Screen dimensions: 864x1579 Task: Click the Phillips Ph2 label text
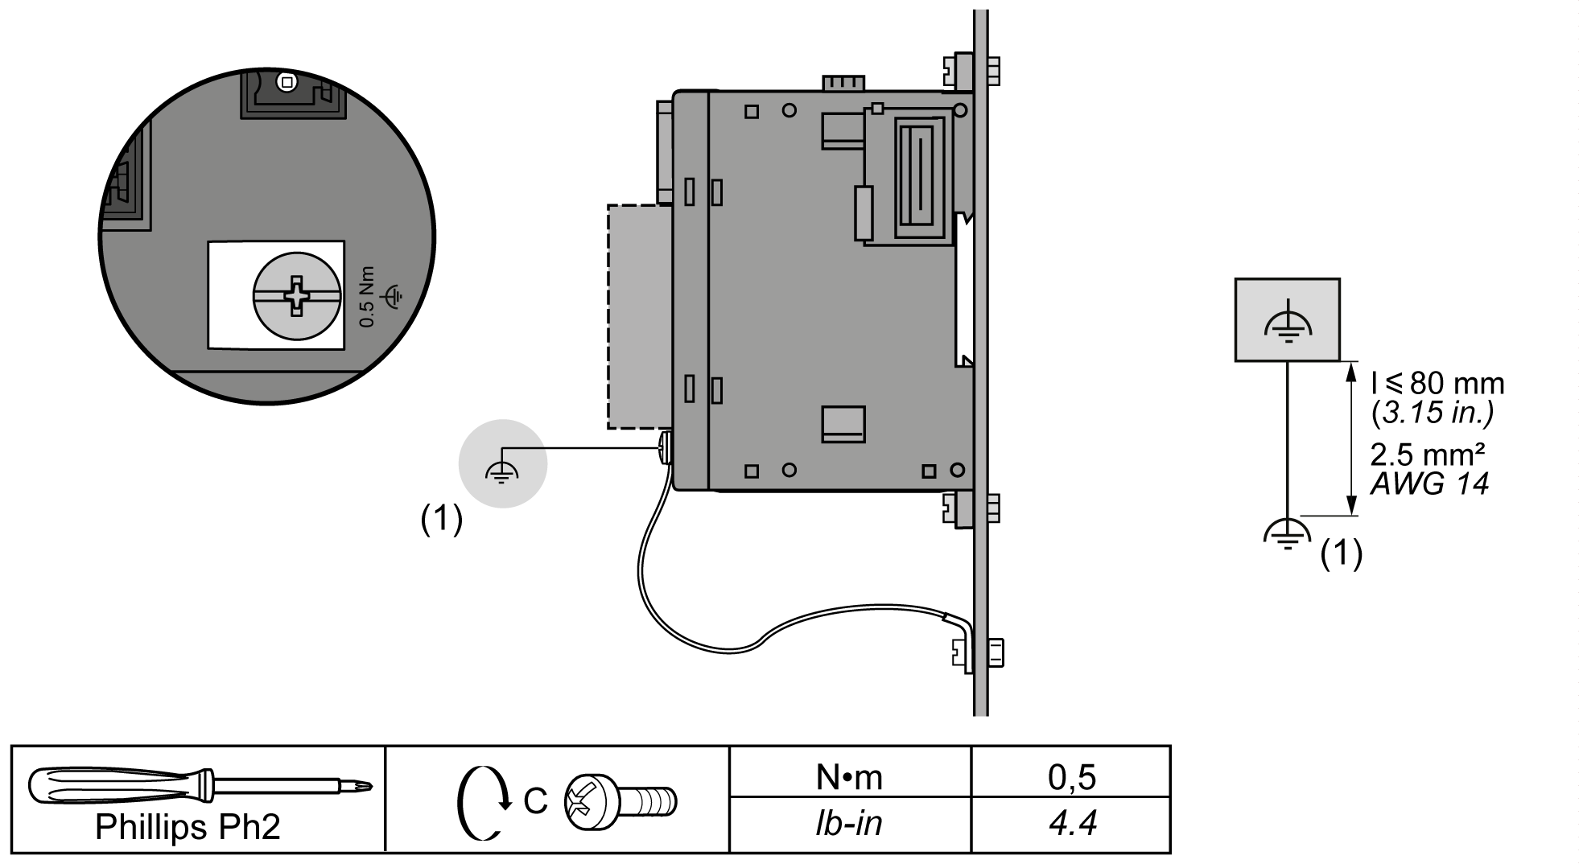tap(188, 827)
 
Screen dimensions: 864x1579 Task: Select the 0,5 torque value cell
tap(1071, 776)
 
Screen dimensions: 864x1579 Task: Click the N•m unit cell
tap(849, 777)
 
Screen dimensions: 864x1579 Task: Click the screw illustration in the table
tap(620, 800)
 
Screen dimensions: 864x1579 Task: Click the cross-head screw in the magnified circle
tap(297, 295)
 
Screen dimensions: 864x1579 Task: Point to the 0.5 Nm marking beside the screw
tap(367, 296)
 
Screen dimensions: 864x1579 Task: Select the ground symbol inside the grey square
tap(1288, 323)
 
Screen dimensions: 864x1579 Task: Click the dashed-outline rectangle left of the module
tap(640, 316)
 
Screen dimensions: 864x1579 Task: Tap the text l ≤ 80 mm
tap(1437, 384)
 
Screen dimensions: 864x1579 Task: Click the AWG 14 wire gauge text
tap(1429, 483)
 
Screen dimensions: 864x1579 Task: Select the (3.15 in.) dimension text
tap(1433, 413)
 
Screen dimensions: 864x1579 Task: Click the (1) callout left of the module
tap(442, 520)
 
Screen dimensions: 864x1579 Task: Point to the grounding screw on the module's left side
tap(665, 448)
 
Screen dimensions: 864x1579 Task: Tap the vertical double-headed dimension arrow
tap(1350, 438)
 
